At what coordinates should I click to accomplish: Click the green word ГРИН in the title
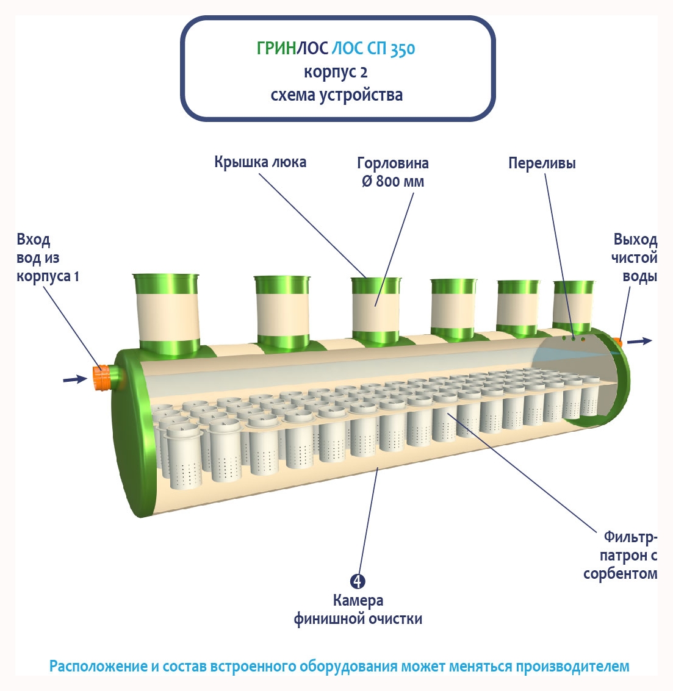pyautogui.click(x=276, y=48)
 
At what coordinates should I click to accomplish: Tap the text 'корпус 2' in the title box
pyautogui.click(x=336, y=72)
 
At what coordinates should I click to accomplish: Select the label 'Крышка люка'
pyautogui.click(x=260, y=162)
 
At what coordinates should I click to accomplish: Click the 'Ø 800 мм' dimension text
pyautogui.click(x=393, y=181)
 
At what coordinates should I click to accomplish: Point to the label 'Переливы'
pyautogui.click(x=542, y=163)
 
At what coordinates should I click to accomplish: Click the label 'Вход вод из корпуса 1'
pyautogui.click(x=47, y=258)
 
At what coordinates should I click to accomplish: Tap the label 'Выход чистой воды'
pyautogui.click(x=635, y=258)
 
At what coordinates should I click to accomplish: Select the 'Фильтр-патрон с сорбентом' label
pyautogui.click(x=621, y=555)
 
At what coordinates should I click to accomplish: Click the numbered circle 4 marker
pyautogui.click(x=358, y=581)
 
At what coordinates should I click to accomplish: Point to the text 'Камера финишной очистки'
pyautogui.click(x=358, y=610)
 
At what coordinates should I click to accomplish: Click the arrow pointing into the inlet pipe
pyautogui.click(x=74, y=379)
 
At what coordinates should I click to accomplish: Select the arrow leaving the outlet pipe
pyautogui.click(x=639, y=341)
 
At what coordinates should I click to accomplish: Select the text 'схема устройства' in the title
pyautogui.click(x=336, y=95)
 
